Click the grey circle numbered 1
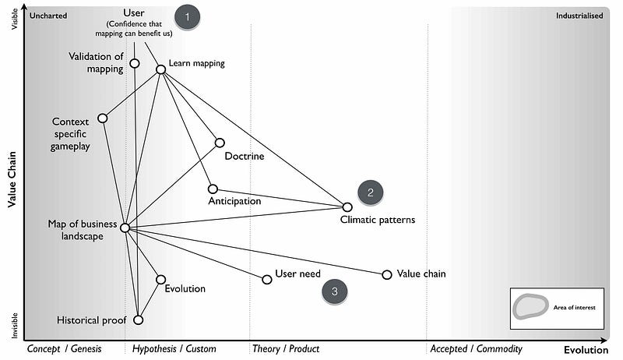click(x=187, y=16)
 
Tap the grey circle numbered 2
click(x=371, y=192)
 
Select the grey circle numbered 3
click(x=334, y=291)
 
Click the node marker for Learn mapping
click(x=160, y=69)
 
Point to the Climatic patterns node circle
click(x=347, y=206)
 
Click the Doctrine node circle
click(x=220, y=143)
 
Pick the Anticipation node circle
click(x=213, y=189)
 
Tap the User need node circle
click(x=267, y=278)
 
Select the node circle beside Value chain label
click(x=387, y=274)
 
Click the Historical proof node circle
click(x=139, y=319)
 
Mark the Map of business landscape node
click(x=125, y=228)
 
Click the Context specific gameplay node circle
click(x=102, y=118)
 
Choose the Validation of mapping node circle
click(x=134, y=63)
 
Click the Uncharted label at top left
click(x=48, y=16)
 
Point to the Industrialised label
click(x=579, y=16)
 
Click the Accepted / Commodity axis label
click(x=476, y=349)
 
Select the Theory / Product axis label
click(x=286, y=349)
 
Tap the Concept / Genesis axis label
click(x=65, y=349)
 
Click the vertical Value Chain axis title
click(x=12, y=179)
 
